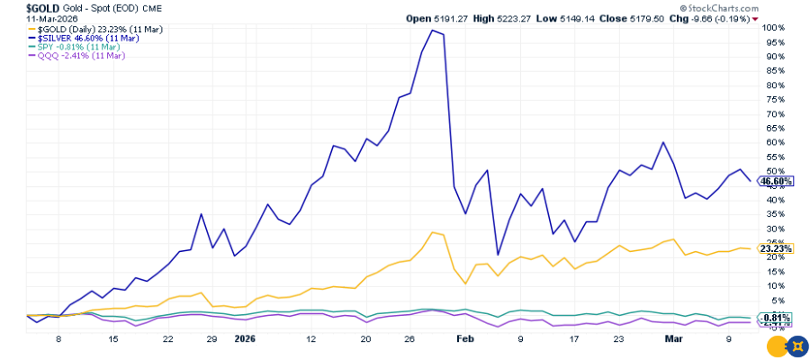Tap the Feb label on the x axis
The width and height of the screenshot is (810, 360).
(464, 340)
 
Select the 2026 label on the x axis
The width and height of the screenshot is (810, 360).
(246, 340)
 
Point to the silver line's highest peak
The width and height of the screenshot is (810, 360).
(434, 31)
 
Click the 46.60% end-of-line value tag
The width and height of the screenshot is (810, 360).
(776, 181)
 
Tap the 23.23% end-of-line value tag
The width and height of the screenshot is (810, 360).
(776, 248)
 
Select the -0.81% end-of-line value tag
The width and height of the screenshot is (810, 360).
(776, 318)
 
